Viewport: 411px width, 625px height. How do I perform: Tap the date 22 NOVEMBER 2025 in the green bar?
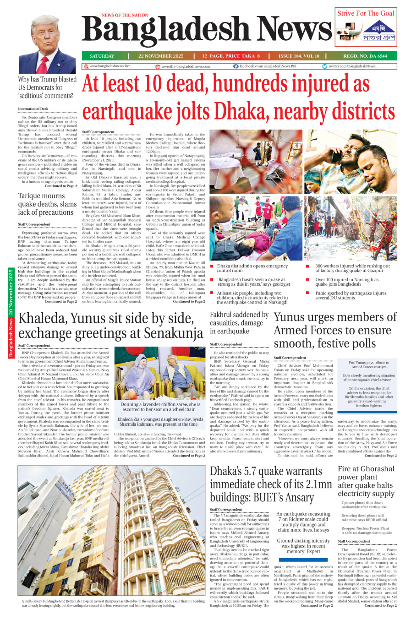tap(161, 56)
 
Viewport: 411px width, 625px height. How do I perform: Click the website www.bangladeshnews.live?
tap(110, 66)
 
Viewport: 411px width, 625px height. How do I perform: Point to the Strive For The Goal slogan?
tap(366, 13)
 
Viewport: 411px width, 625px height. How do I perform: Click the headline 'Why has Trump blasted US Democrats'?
tap(47, 87)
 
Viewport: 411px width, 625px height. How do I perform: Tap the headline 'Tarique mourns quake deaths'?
tap(47, 204)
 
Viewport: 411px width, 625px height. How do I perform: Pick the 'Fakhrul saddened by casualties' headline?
tap(239, 323)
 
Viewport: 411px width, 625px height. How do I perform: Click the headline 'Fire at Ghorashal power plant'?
tap(366, 481)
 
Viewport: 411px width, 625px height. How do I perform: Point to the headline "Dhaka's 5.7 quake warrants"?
tap(271, 484)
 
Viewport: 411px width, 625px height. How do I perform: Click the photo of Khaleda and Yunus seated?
tap(159, 373)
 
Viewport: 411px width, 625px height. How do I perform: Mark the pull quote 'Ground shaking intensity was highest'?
tap(303, 546)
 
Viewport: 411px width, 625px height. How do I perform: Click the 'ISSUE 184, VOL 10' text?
tap(299, 56)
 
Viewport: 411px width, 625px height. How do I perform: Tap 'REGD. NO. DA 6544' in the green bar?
tap(365, 56)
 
